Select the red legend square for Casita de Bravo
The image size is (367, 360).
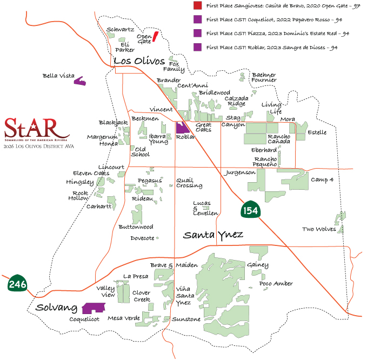pos(197,6)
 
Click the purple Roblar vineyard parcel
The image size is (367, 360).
pos(181,128)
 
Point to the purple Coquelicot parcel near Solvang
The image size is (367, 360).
pos(93,308)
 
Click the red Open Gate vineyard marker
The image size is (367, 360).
pos(155,36)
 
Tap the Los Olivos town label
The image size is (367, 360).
pos(138,60)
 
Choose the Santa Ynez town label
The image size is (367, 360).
pos(213,235)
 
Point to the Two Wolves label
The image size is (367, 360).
pos(318,229)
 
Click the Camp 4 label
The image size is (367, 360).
pos(322,179)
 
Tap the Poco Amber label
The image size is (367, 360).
pos(276,283)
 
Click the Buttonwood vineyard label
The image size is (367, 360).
pos(136,226)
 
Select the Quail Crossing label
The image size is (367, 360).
pos(189,183)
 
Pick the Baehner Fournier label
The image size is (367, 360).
pos(264,77)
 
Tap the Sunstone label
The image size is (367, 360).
pos(186,319)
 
